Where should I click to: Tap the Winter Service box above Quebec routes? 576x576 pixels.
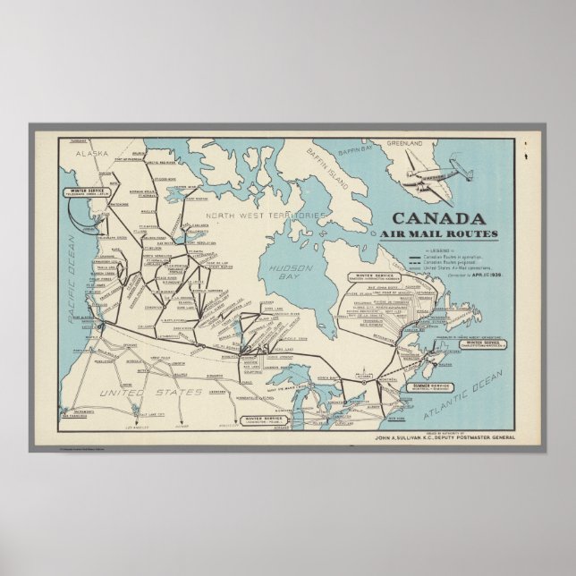(378, 277)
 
